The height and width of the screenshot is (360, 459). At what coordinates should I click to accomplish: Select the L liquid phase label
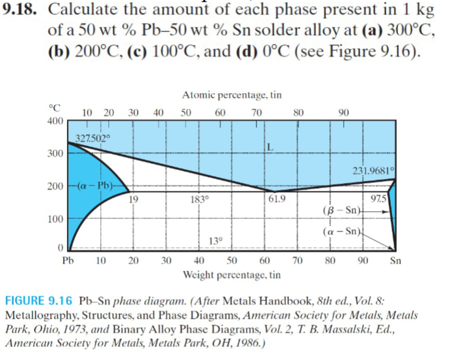pos(269,146)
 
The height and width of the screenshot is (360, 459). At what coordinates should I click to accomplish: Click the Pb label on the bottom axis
pos(67,260)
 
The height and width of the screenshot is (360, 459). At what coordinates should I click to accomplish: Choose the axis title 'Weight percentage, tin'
pos(232,274)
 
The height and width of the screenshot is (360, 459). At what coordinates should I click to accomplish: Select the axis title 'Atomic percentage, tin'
pos(232,95)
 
